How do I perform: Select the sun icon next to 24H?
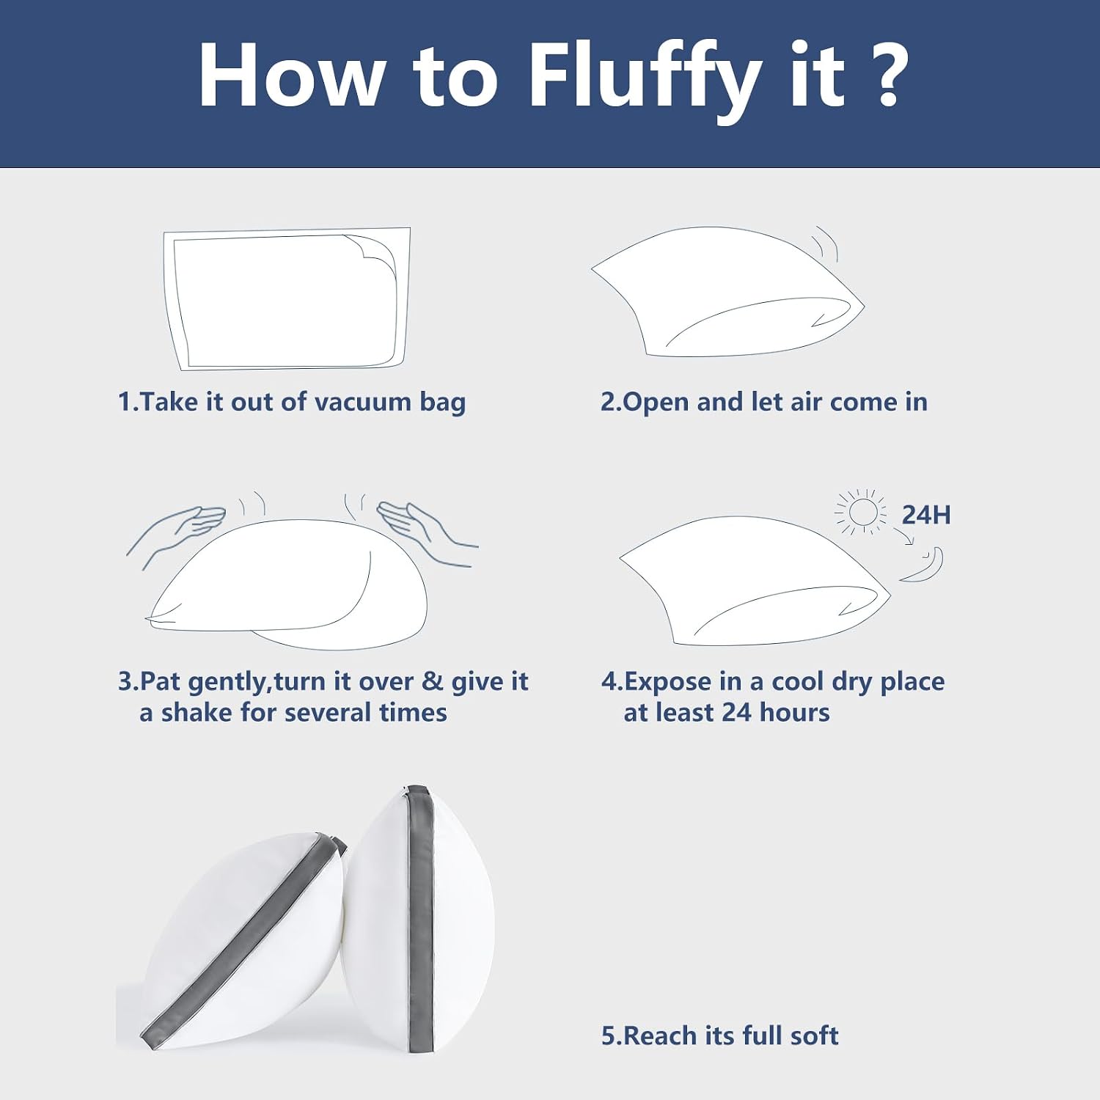861,512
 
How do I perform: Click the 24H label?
926,515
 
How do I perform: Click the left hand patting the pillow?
176,532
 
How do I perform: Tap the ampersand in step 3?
433,681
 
